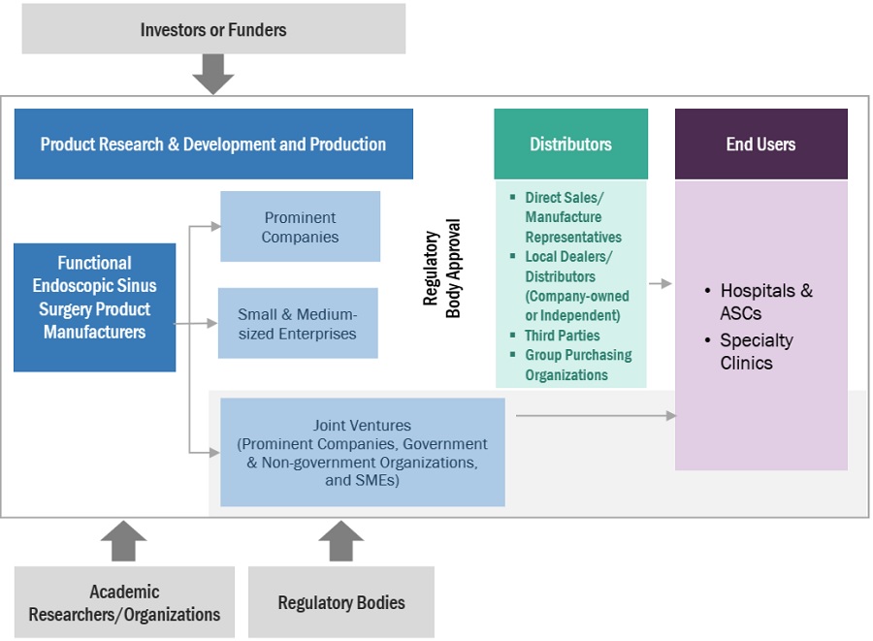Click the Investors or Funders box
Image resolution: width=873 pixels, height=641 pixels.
(213, 29)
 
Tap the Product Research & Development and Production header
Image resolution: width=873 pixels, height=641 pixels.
(213, 144)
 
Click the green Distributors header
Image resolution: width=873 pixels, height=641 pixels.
(570, 144)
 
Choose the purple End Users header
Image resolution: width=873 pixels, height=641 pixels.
(760, 144)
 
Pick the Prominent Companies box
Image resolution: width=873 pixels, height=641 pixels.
(300, 227)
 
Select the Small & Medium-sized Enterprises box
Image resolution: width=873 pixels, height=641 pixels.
(298, 324)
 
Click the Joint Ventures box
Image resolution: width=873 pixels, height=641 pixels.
(362, 452)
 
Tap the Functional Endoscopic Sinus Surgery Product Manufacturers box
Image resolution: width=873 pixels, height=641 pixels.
(94, 298)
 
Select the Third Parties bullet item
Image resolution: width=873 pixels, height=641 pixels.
(562, 335)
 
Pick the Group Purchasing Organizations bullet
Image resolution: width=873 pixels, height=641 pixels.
(577, 365)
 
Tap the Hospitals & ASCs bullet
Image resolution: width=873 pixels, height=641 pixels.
(765, 302)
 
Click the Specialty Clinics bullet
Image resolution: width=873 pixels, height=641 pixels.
(756, 351)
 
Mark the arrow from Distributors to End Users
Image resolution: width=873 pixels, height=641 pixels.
(661, 283)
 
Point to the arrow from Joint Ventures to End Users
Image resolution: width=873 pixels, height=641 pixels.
(596, 415)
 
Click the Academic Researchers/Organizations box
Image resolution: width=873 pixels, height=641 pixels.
(124, 602)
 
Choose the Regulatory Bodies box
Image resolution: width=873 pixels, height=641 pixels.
(341, 602)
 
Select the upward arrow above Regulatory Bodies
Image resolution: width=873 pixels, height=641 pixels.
(341, 541)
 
